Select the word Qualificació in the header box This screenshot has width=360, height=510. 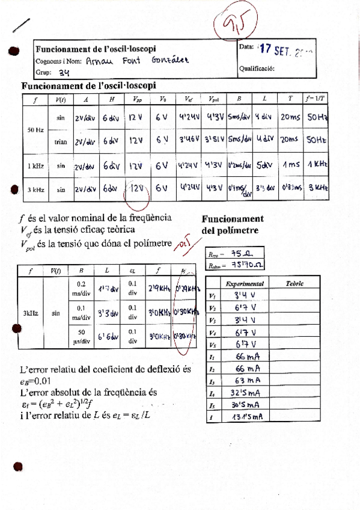point(257,68)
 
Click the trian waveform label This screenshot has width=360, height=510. point(61,142)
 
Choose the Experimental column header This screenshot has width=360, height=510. point(245,283)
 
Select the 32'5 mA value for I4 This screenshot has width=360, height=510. point(244,393)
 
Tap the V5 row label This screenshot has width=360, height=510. point(212,345)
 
